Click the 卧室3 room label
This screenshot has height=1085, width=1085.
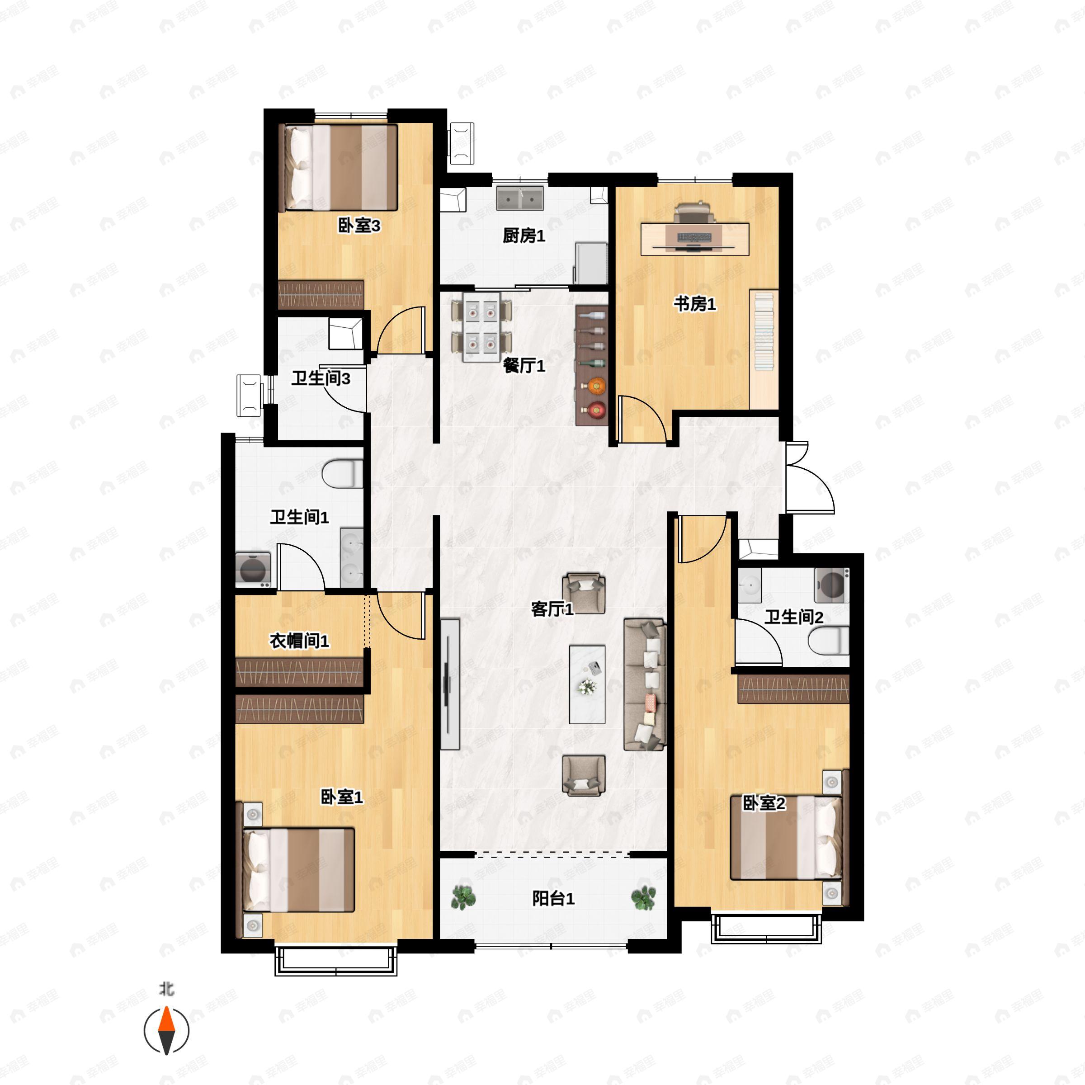click(x=359, y=226)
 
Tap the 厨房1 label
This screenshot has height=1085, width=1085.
click(x=524, y=236)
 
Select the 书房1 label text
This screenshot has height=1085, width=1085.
click(x=695, y=304)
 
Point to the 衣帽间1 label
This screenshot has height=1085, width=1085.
click(x=299, y=640)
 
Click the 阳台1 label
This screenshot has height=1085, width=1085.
click(x=553, y=899)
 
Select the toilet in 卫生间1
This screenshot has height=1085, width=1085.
click(x=342, y=473)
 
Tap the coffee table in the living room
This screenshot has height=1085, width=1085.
click(x=587, y=684)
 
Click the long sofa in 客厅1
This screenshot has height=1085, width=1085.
click(x=645, y=684)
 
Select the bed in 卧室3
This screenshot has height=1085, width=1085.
click(x=341, y=167)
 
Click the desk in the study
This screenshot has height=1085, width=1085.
click(x=695, y=239)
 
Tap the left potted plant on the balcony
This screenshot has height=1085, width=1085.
click(x=463, y=897)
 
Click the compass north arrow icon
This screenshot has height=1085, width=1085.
click(x=166, y=1031)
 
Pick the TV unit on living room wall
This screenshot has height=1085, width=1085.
click(x=450, y=684)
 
